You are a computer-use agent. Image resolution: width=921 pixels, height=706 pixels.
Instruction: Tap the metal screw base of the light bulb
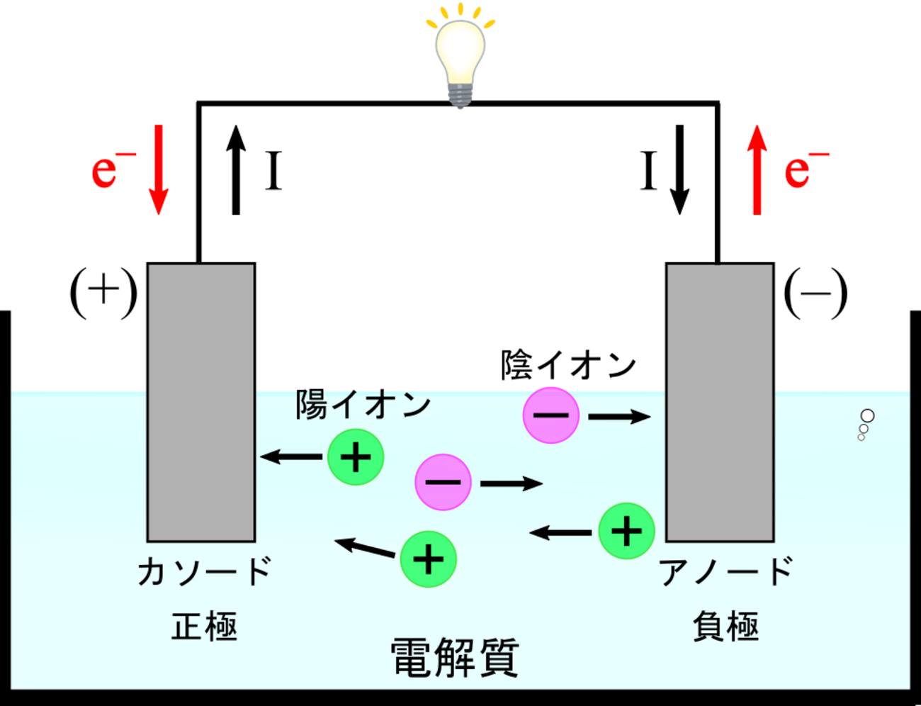pos(460,96)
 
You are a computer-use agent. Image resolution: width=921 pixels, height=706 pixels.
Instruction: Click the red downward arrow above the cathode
pos(159,170)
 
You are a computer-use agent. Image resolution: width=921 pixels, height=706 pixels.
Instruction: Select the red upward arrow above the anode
pos(757,170)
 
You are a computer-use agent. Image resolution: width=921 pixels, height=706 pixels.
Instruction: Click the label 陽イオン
pos(363,405)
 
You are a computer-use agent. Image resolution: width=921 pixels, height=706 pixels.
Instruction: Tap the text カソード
pos(205,571)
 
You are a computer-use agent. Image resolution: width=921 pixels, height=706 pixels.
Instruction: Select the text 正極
pos(205,627)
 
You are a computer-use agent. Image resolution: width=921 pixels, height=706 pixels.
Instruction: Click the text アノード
pos(726,571)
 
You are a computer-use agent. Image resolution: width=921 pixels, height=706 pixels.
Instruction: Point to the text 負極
pos(726,627)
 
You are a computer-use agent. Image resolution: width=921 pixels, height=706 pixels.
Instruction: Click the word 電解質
pos(455,658)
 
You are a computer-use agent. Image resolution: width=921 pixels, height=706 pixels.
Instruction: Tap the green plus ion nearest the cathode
pos(356,457)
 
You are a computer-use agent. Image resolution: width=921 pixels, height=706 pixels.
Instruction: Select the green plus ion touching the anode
pos(626,531)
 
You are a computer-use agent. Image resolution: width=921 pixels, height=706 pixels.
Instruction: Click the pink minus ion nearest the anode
pos(551,415)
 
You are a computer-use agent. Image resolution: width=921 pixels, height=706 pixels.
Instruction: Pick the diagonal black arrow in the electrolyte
pos(365,547)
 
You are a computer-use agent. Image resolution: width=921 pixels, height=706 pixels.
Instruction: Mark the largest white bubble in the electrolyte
pos(867,416)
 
